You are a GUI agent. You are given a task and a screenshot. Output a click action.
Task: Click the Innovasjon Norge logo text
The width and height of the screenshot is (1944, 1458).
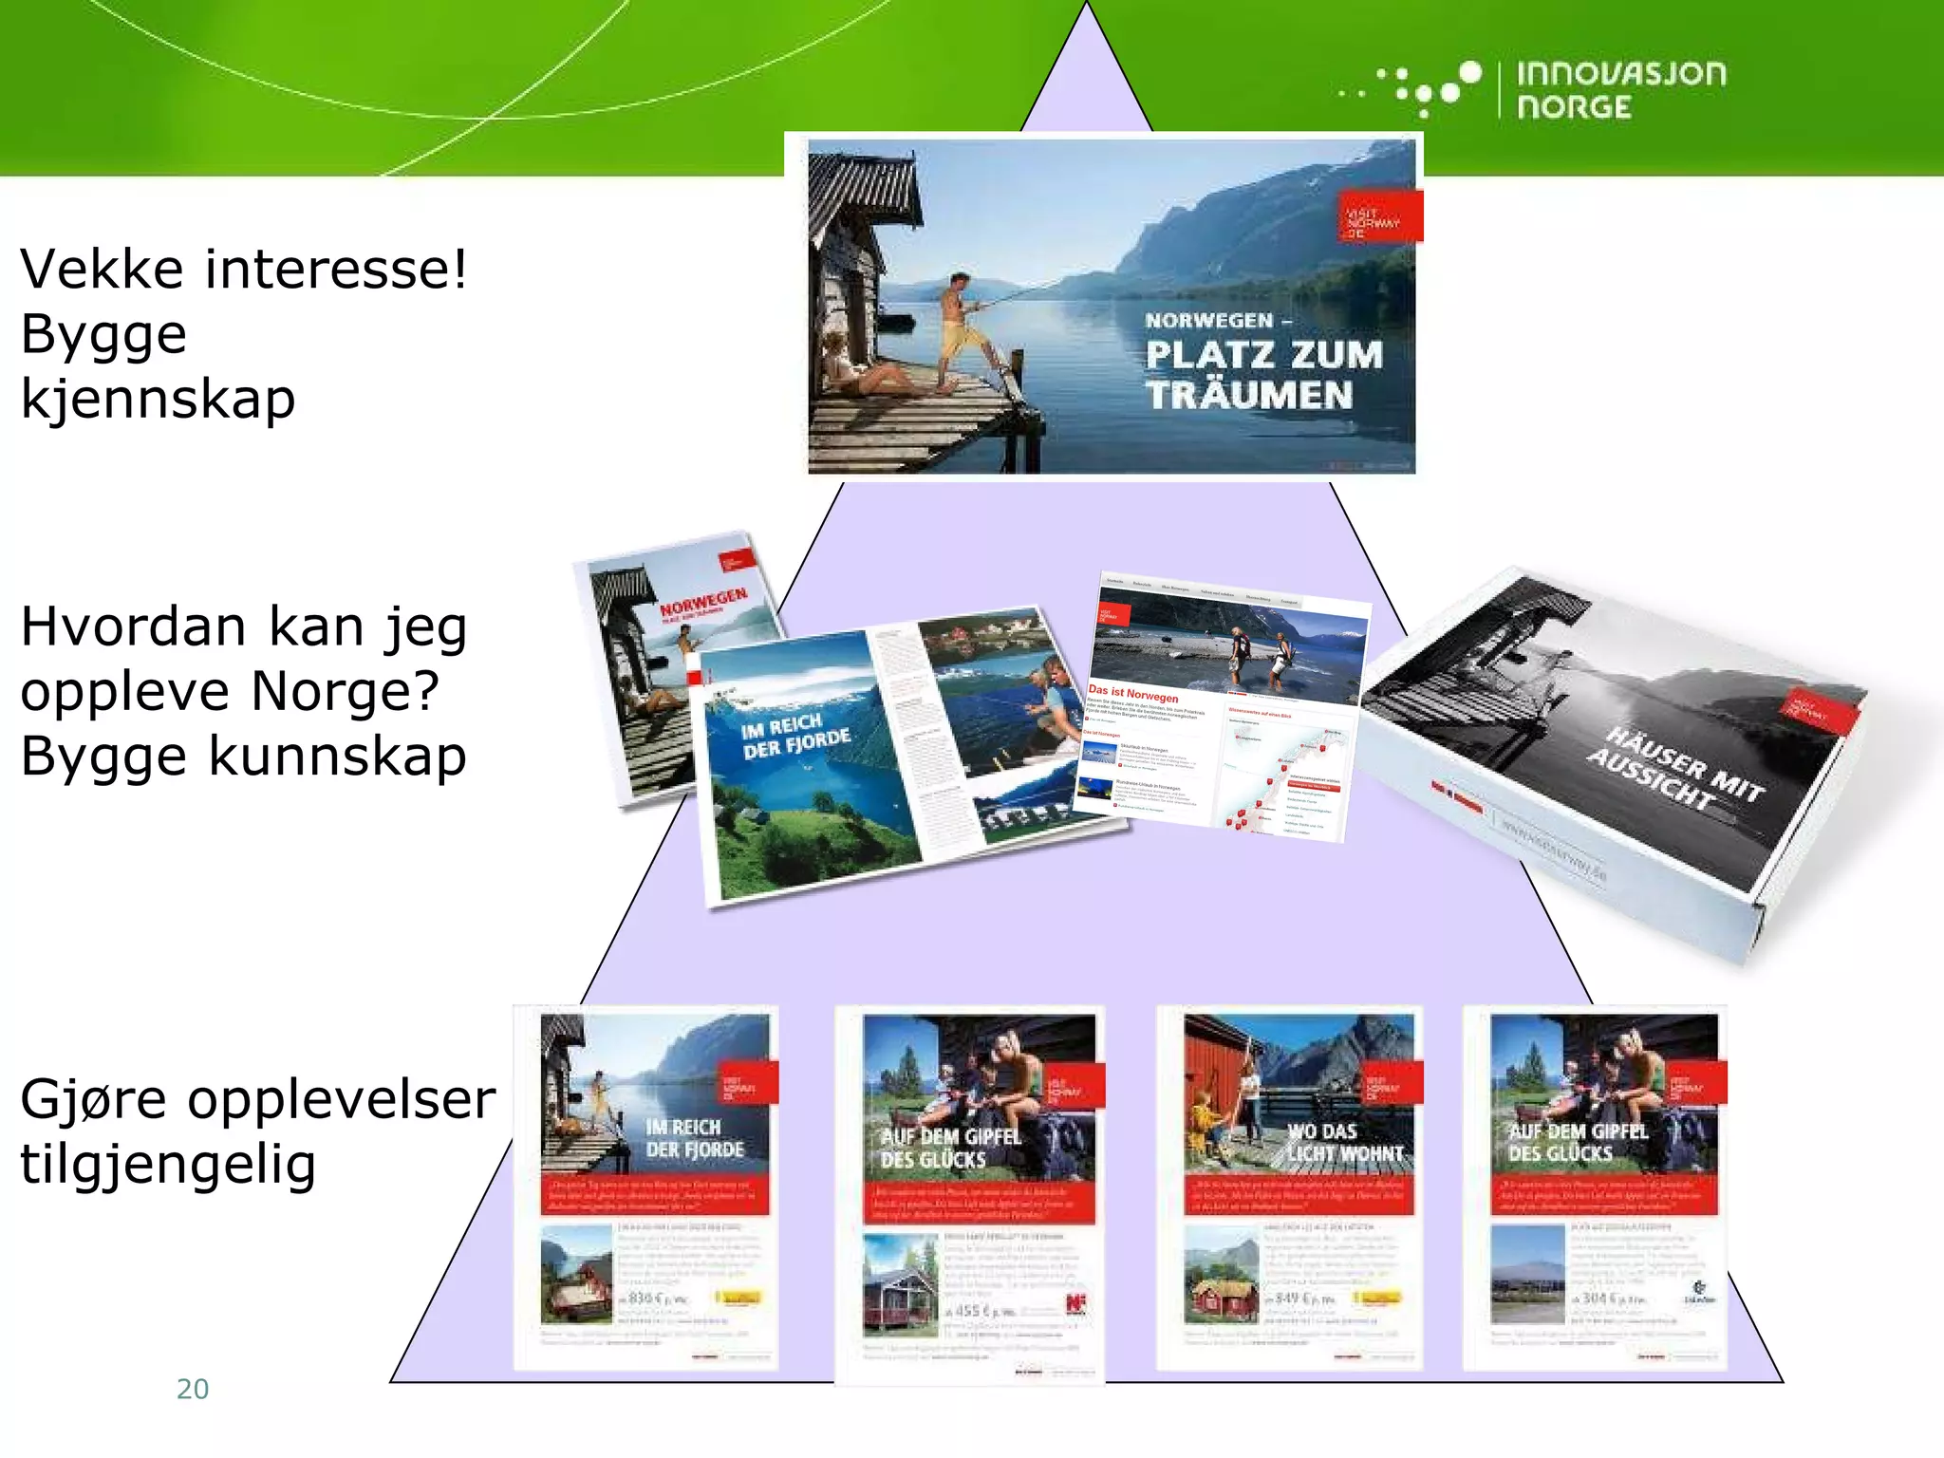coord(1620,90)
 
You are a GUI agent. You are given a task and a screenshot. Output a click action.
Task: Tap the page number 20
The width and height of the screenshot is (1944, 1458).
coord(193,1389)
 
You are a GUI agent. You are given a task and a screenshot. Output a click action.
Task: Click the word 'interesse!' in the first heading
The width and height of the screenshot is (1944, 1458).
coord(336,269)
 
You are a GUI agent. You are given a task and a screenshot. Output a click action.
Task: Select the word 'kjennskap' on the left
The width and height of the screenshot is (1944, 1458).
coord(158,399)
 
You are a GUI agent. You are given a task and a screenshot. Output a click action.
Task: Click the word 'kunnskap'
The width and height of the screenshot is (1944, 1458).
coord(337,757)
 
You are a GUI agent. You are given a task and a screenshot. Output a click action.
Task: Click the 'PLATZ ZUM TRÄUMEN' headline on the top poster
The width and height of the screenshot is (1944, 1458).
coord(1262,374)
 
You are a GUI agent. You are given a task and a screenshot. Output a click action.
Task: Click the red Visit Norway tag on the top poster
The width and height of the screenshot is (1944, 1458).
coord(1379,216)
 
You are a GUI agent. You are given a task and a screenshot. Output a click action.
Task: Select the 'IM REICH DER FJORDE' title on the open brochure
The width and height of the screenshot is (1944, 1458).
coord(795,737)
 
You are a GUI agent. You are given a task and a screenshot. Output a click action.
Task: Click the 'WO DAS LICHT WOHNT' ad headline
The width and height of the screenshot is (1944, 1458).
coord(1344,1142)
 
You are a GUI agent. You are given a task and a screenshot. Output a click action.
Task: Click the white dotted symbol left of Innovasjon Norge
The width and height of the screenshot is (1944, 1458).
coord(1421,88)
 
